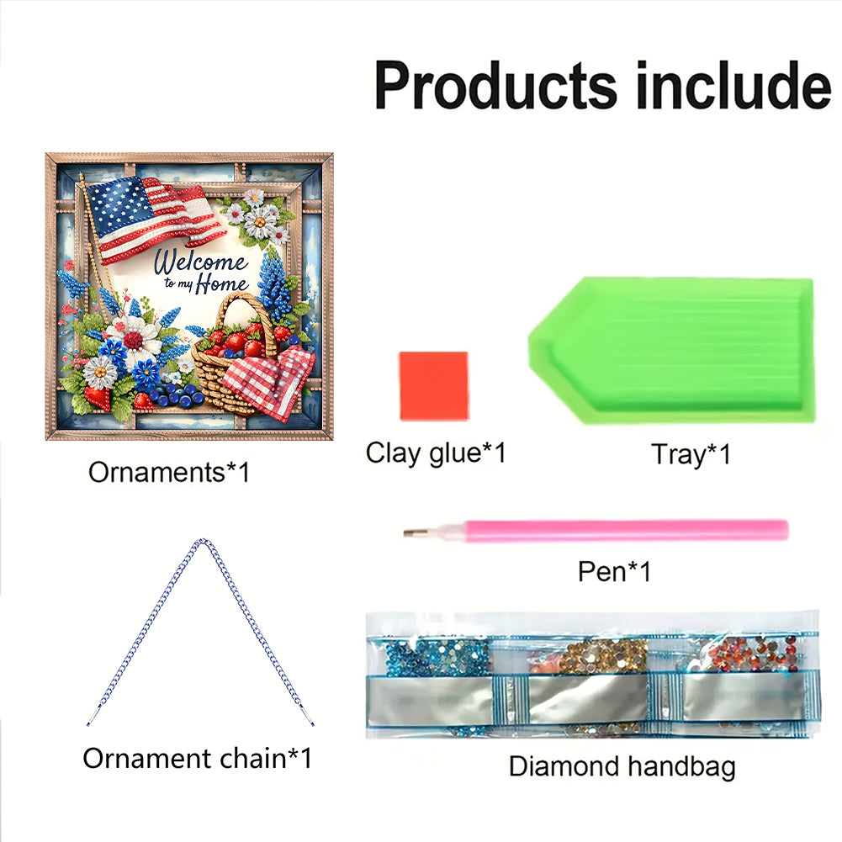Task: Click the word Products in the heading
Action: pos(495,86)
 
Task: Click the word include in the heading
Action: pos(733,85)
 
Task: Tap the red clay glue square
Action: pos(434,385)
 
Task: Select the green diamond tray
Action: pos(671,350)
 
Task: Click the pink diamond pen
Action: pos(596,530)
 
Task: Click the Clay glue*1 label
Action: pos(436,453)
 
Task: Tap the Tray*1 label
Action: pos(691,454)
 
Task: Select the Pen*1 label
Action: pos(614,571)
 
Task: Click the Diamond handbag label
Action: pos(622,766)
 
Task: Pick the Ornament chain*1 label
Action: pos(197,758)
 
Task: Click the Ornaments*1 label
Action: pos(169,472)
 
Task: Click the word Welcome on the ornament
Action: pos(200,262)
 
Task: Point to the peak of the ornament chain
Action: pos(201,541)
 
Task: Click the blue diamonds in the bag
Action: pos(437,655)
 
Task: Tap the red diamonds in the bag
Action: pos(752,653)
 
